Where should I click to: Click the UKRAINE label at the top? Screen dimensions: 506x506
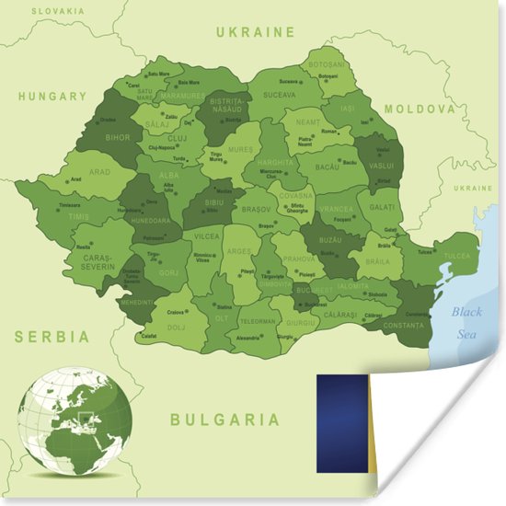(x=255, y=32)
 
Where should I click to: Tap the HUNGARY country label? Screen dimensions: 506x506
(x=52, y=96)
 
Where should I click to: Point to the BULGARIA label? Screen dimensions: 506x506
(x=224, y=420)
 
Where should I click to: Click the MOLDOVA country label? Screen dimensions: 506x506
(x=420, y=109)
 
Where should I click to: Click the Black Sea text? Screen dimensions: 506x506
(x=466, y=322)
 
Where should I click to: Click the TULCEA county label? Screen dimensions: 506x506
(x=455, y=256)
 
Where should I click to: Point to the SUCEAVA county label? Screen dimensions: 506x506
(x=280, y=95)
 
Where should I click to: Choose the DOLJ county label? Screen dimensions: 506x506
(x=177, y=327)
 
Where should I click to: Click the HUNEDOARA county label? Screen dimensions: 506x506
(x=151, y=221)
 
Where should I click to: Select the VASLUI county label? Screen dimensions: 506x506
(x=380, y=165)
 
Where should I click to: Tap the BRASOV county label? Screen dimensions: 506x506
(x=257, y=209)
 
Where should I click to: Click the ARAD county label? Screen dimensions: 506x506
(x=99, y=172)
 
